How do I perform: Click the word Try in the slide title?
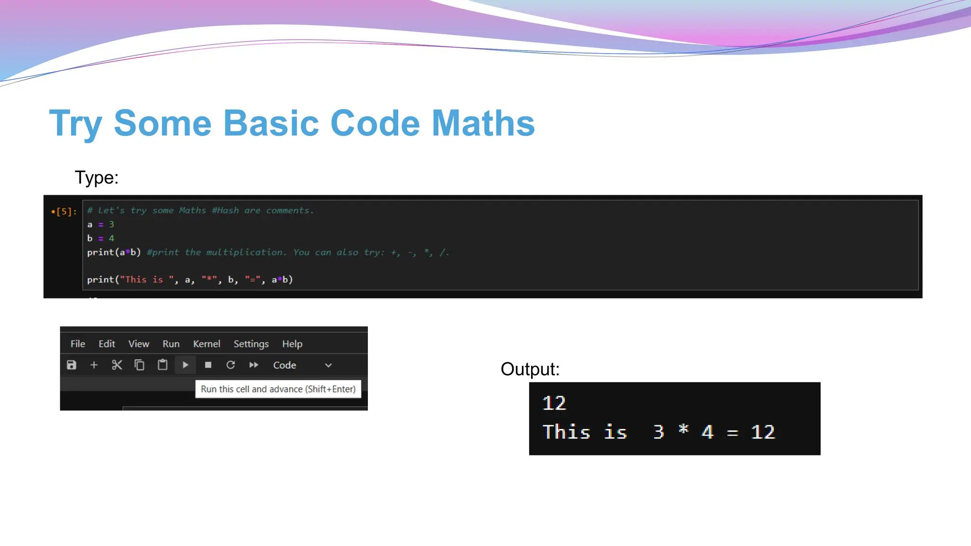coord(76,123)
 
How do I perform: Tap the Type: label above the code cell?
coord(96,178)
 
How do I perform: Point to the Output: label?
coord(530,369)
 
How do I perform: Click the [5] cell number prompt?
coord(65,211)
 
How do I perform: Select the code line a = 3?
coord(101,224)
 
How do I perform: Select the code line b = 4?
coord(101,238)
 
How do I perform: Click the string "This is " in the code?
coord(147,280)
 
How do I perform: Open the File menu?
coord(78,344)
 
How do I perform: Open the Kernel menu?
coord(206,344)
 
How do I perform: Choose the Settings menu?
coord(251,344)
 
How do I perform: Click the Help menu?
coord(292,344)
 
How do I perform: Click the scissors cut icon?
coord(117,365)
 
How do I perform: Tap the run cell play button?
coord(185,365)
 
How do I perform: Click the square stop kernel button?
coord(208,365)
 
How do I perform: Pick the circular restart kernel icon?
coord(230,365)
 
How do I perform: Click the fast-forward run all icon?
coord(254,365)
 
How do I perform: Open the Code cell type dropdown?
coord(302,365)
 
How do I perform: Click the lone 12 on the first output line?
coord(554,403)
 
